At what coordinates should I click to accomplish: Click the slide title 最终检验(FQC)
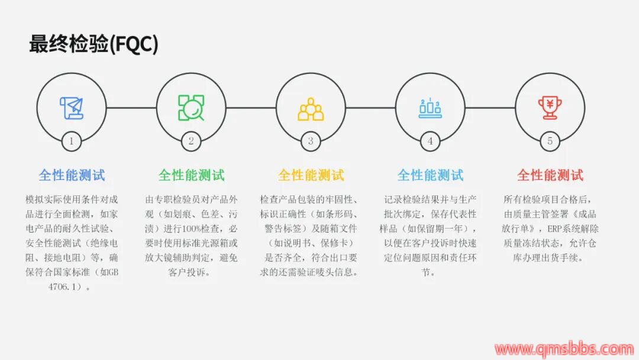93,44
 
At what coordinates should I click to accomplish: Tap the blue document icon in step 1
72,108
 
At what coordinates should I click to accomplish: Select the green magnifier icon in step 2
191,108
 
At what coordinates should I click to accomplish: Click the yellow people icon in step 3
311,109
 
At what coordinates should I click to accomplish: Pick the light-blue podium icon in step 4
430,108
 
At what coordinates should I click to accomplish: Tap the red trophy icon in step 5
550,108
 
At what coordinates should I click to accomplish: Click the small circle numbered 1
72,142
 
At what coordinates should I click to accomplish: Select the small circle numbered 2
191,142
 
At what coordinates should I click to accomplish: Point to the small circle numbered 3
311,142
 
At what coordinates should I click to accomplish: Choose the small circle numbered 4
430,142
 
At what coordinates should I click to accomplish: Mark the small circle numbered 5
550,142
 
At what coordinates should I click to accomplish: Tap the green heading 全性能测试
192,175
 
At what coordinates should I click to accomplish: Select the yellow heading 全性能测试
311,175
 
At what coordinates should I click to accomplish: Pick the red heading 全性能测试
550,175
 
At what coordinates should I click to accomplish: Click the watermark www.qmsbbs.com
564,349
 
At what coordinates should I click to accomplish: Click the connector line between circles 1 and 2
131,108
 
